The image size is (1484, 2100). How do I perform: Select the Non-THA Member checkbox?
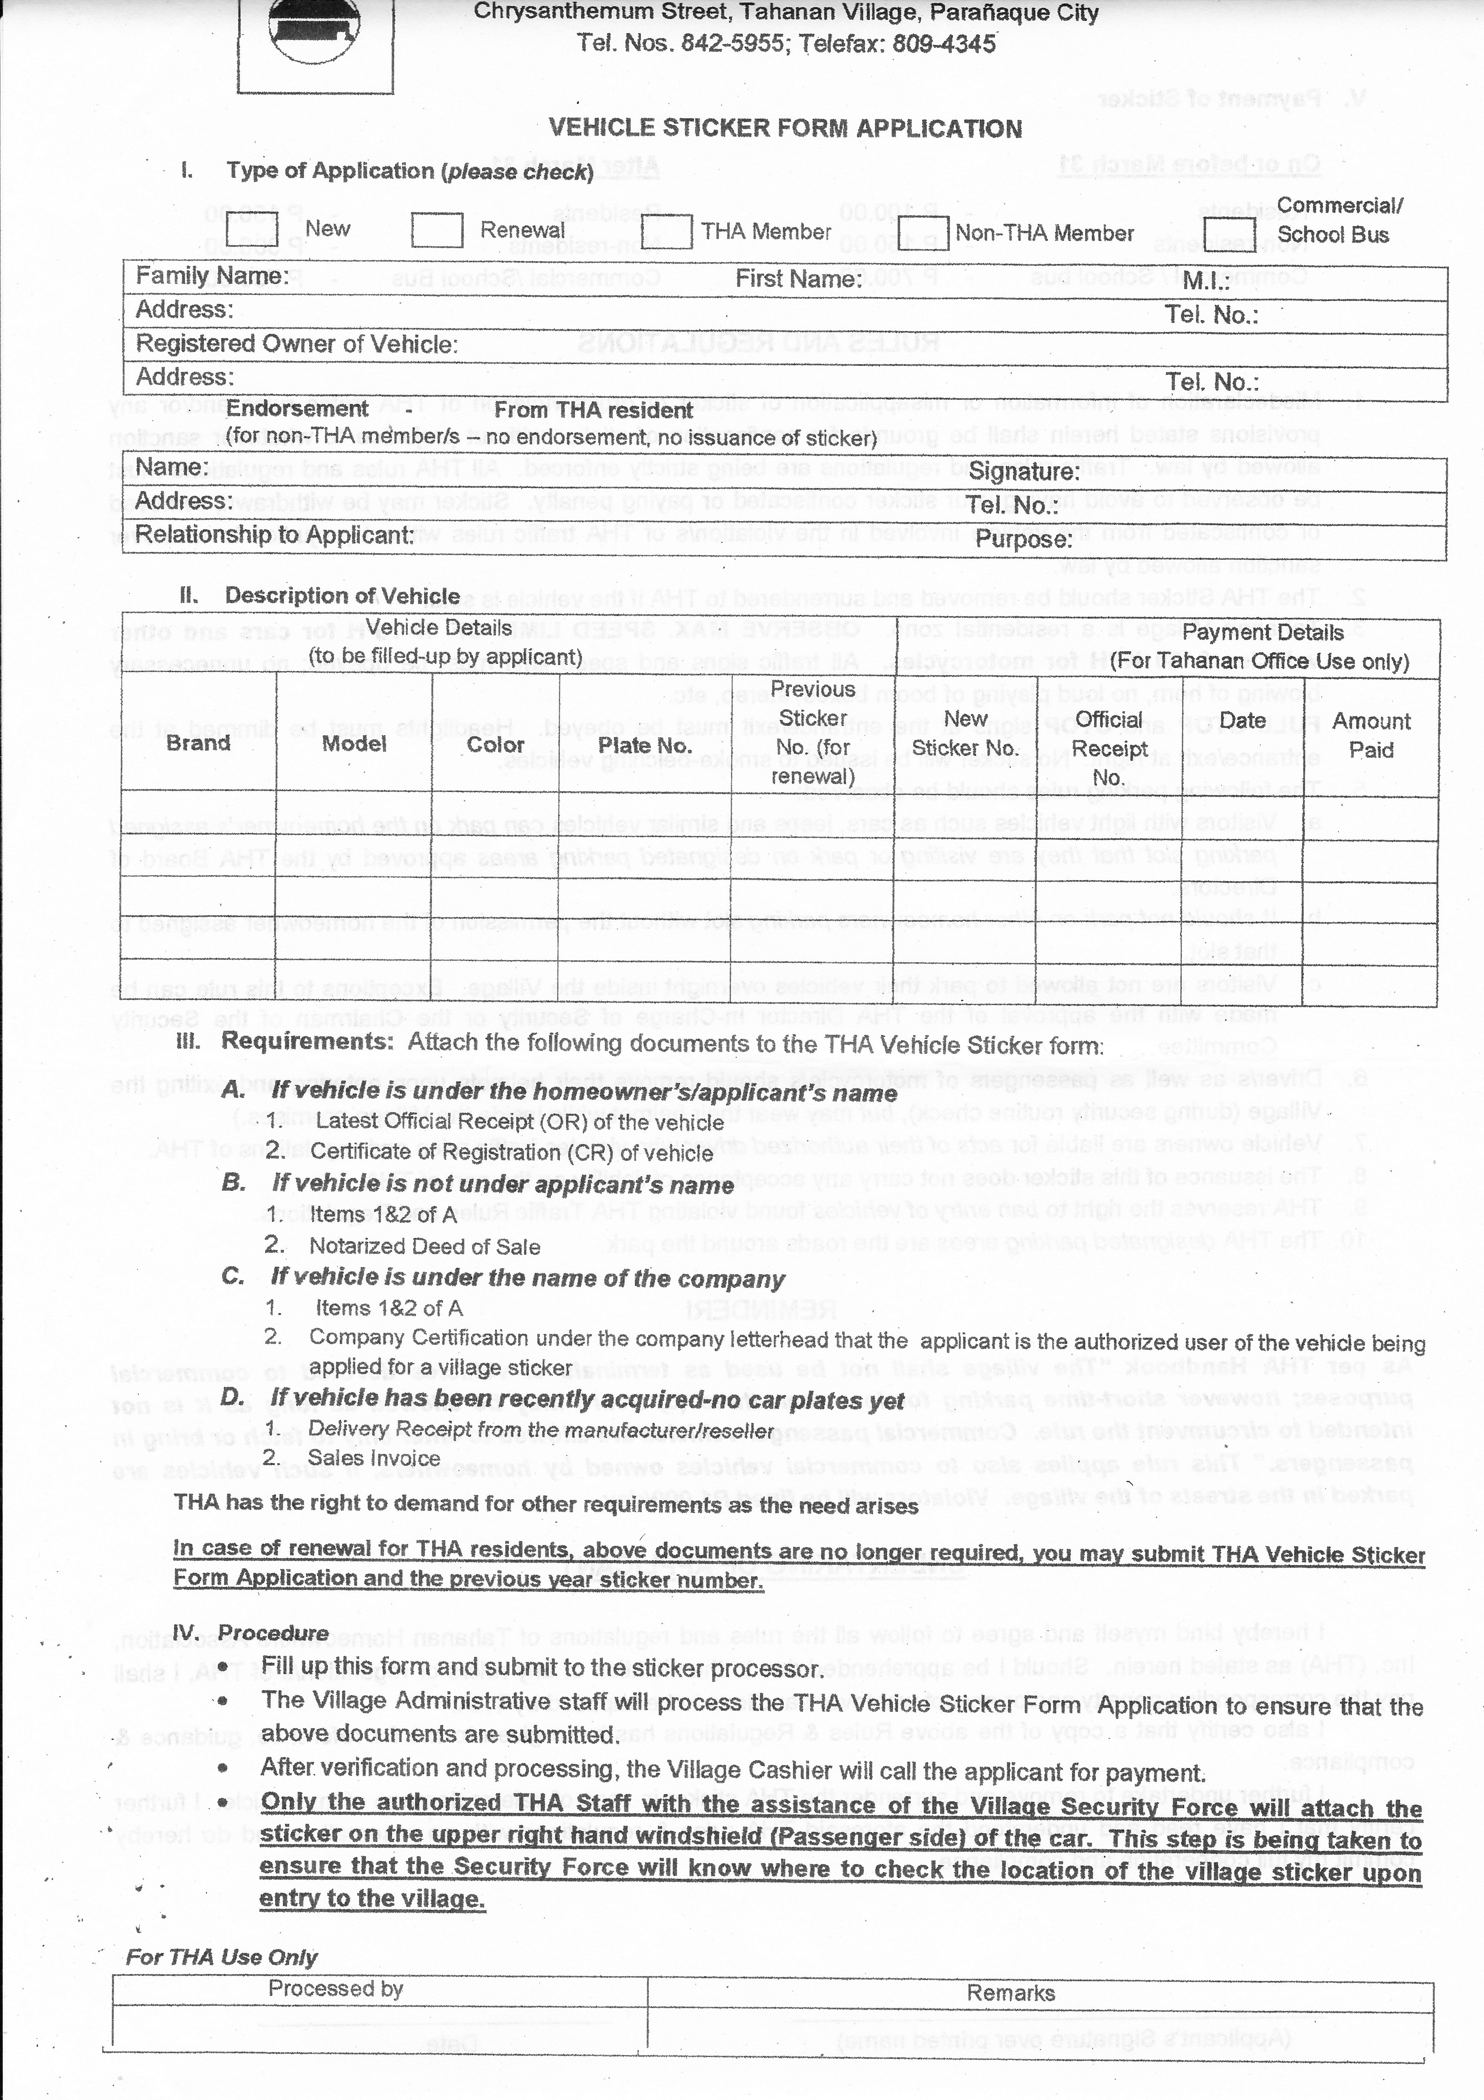(x=924, y=232)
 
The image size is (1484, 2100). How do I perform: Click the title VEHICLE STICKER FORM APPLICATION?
(x=784, y=128)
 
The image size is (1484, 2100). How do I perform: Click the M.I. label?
(x=1206, y=281)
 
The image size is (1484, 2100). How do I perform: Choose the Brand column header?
(x=198, y=743)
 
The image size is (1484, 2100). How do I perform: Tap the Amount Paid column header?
(x=1371, y=735)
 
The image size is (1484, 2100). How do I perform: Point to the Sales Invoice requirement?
(x=374, y=1458)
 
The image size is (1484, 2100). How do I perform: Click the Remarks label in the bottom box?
(x=1010, y=1993)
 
